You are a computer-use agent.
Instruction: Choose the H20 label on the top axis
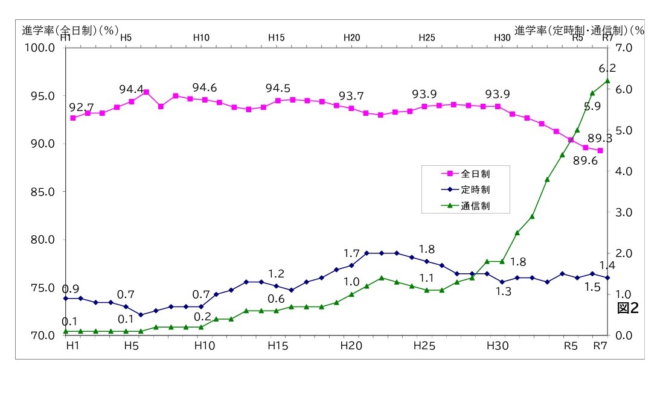tap(351, 37)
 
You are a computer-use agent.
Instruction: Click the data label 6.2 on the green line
tap(607, 68)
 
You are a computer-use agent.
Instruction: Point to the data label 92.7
tap(82, 107)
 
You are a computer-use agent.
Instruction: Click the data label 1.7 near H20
tap(351, 253)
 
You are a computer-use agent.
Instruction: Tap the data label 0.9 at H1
tap(71, 289)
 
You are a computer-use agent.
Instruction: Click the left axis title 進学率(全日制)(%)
tap(69, 30)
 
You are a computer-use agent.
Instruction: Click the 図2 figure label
tap(627, 308)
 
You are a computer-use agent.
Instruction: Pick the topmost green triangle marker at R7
tap(607, 81)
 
